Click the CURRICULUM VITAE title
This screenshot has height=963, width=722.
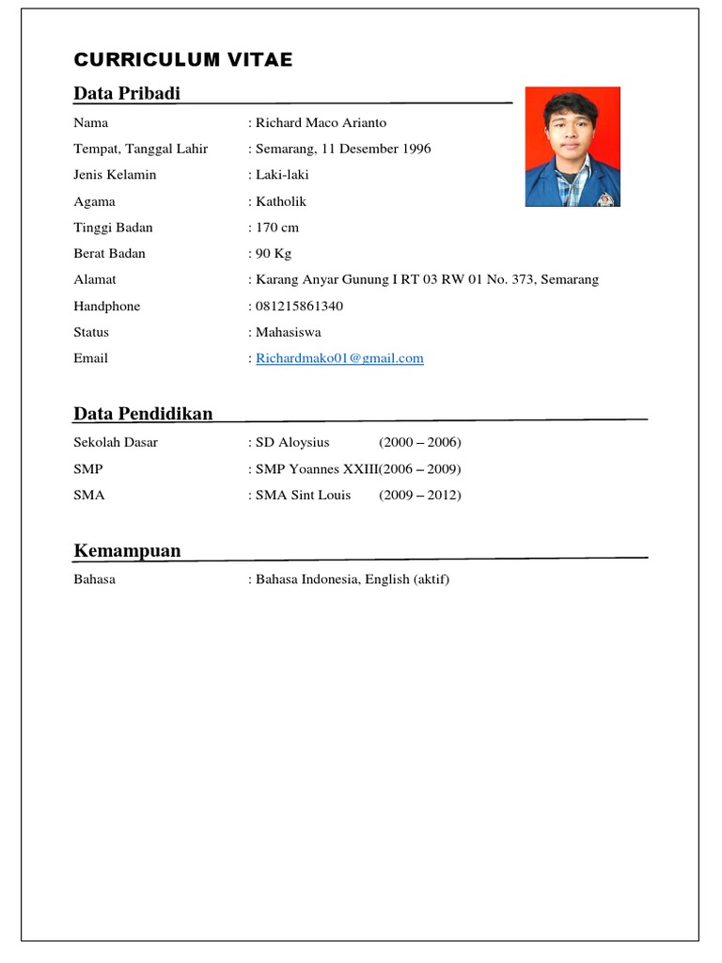click(183, 60)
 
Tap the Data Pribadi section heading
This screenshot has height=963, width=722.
click(127, 93)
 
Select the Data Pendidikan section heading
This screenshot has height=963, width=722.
click(143, 414)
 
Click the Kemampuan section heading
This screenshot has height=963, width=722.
click(127, 550)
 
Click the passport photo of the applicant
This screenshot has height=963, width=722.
click(572, 147)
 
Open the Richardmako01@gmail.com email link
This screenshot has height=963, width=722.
click(339, 358)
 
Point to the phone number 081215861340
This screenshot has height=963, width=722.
click(300, 306)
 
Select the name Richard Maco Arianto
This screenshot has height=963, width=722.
click(321, 122)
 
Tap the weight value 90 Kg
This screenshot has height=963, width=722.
click(274, 253)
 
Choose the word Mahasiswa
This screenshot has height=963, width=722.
click(289, 332)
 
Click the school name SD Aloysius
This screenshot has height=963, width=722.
click(292, 442)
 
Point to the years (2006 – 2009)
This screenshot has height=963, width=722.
click(420, 468)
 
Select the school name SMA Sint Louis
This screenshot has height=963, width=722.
click(303, 495)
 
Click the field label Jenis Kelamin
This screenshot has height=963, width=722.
click(115, 175)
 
